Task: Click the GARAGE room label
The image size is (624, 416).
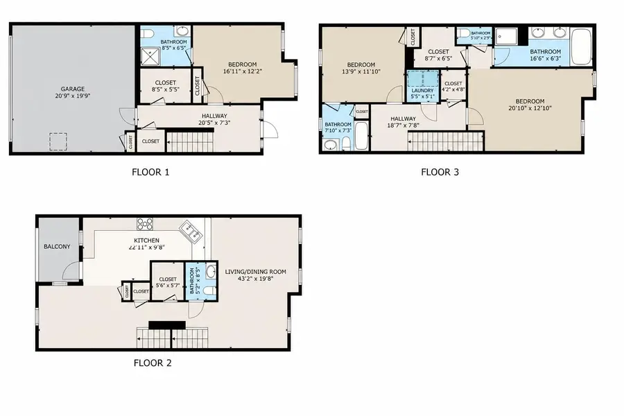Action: [x=72, y=89]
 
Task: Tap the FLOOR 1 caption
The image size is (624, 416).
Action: [x=150, y=173]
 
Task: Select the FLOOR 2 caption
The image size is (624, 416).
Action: [x=153, y=362]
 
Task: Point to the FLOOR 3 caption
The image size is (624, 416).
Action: [x=440, y=173]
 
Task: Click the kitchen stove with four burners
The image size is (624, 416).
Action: [x=146, y=223]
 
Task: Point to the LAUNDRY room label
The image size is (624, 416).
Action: [x=422, y=90]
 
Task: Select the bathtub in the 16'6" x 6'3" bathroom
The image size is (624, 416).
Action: [x=580, y=47]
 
